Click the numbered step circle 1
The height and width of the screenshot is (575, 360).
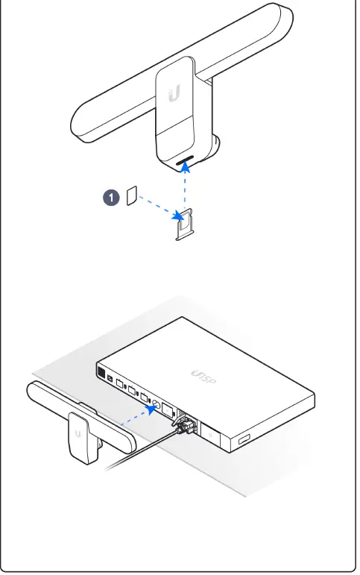tap(111, 198)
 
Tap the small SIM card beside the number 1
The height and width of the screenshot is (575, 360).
tap(132, 196)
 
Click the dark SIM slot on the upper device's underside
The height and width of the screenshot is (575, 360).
tap(184, 159)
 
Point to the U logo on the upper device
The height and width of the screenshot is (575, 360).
tap(174, 94)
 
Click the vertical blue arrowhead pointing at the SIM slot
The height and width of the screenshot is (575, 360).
tap(184, 168)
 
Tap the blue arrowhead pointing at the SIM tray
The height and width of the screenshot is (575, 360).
tap(178, 217)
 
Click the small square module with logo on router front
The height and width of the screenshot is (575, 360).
tap(210, 433)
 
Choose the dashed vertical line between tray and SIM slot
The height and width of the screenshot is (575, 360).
tap(184, 190)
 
